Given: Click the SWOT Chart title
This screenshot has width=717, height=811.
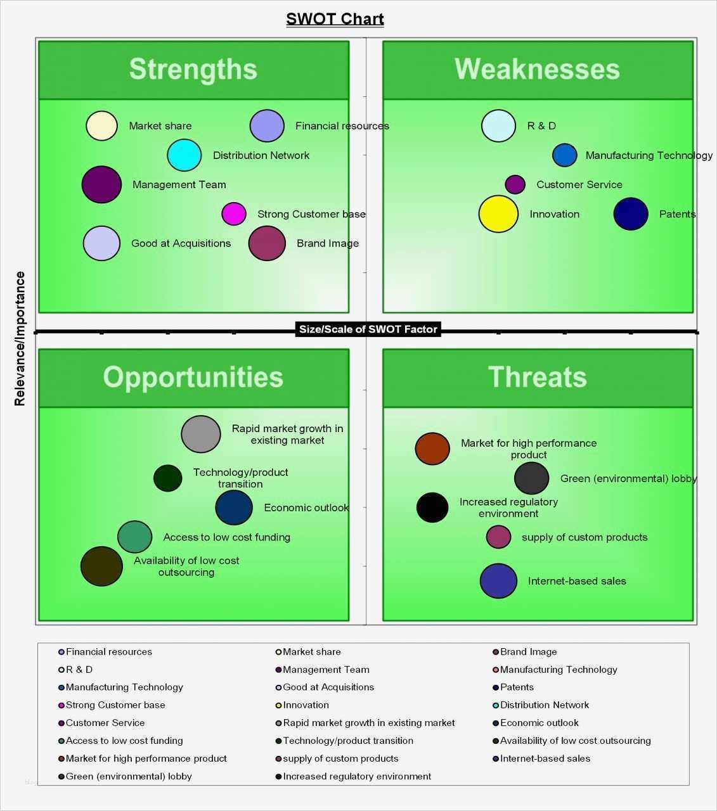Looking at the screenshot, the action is click(335, 19).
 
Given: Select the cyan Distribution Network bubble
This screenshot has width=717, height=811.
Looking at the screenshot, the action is click(184, 155).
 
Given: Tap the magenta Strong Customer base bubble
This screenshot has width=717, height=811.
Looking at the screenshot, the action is click(234, 214).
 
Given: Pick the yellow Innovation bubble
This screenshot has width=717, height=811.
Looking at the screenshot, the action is click(498, 214).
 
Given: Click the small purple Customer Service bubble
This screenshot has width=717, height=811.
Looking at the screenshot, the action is click(515, 184).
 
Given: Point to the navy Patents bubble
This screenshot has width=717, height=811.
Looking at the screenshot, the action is click(631, 214).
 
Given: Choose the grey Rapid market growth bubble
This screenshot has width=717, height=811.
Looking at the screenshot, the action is click(201, 434).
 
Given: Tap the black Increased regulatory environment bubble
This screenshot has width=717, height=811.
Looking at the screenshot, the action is click(432, 507).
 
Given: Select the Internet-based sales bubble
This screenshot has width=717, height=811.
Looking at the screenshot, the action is click(498, 581).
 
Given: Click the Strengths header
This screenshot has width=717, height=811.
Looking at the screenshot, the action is click(193, 70).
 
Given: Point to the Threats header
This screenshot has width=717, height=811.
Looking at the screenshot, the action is click(538, 378).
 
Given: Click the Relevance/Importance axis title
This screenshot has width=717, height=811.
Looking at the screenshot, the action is click(20, 338).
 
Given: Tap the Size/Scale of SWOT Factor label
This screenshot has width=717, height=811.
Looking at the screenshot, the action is click(368, 329).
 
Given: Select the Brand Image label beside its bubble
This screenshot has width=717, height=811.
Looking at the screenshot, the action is click(328, 243).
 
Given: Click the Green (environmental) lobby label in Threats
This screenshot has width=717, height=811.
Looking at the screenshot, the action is click(628, 478).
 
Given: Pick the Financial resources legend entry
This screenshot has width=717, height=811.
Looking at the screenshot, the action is click(105, 652).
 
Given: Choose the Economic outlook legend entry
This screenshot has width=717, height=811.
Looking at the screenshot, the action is click(536, 722).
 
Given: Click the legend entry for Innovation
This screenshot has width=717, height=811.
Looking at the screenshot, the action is click(302, 705).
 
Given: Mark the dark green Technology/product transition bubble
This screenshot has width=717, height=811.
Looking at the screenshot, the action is click(168, 478).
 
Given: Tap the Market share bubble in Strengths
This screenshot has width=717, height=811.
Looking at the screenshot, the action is click(101, 125).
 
